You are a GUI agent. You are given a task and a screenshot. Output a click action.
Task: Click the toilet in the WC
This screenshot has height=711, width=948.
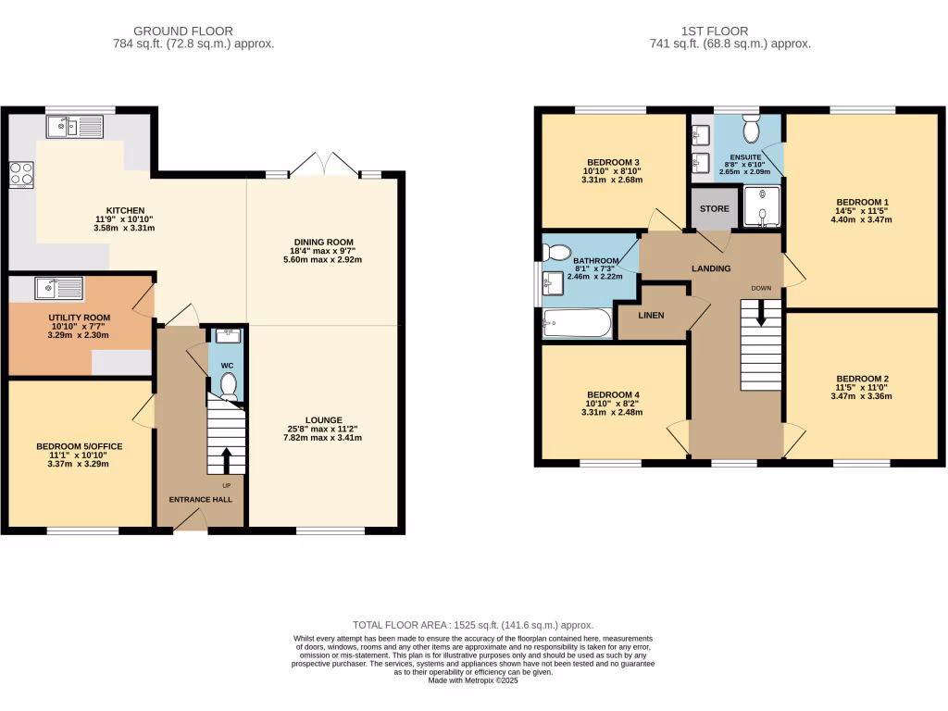point(228,384)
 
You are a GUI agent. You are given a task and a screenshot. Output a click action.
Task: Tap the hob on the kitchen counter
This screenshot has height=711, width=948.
point(20,173)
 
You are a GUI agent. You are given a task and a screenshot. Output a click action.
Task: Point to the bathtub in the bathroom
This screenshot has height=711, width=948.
point(577,323)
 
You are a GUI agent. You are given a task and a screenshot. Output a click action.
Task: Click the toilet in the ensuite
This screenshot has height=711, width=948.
point(750,131)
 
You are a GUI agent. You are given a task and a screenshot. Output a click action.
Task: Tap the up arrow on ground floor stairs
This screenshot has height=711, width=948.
point(227,458)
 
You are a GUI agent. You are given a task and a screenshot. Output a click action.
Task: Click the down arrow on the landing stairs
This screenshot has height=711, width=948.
point(762,316)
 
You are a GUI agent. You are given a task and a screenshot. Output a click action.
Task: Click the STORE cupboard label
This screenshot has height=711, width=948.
point(715,209)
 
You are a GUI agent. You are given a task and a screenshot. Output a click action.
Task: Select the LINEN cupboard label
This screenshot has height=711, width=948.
point(652,315)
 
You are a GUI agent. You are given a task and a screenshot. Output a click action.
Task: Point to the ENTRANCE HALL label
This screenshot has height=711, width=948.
point(200,500)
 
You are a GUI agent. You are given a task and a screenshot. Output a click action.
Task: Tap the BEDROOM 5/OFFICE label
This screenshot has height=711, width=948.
point(80,446)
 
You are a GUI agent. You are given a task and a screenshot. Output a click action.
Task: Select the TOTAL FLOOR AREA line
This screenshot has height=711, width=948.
point(473,625)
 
